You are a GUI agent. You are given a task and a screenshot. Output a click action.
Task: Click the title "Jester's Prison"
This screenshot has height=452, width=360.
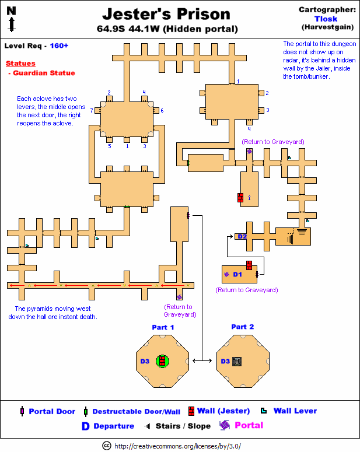[x=166, y=14]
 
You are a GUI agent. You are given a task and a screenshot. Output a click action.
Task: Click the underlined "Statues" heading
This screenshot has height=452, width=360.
[x=20, y=64]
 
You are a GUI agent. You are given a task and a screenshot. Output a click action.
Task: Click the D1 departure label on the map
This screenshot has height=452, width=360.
[x=237, y=274]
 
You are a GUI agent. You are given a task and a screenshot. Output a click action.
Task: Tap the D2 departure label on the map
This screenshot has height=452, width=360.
[x=242, y=236]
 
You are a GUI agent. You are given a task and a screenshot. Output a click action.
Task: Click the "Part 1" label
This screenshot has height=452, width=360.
[x=163, y=327]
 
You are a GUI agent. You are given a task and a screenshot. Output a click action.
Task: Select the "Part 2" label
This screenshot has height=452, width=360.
[x=243, y=327]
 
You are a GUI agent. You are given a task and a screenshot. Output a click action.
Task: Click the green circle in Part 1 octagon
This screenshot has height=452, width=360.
[x=163, y=362]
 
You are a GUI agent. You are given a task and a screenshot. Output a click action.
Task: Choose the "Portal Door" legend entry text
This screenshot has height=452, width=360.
[x=52, y=411]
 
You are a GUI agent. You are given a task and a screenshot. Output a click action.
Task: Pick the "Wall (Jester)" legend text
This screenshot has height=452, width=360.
[x=223, y=411]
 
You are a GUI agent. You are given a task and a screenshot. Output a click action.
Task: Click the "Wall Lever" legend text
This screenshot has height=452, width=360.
[x=295, y=411]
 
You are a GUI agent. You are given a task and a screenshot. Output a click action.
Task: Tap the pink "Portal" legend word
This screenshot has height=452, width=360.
[x=249, y=425]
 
